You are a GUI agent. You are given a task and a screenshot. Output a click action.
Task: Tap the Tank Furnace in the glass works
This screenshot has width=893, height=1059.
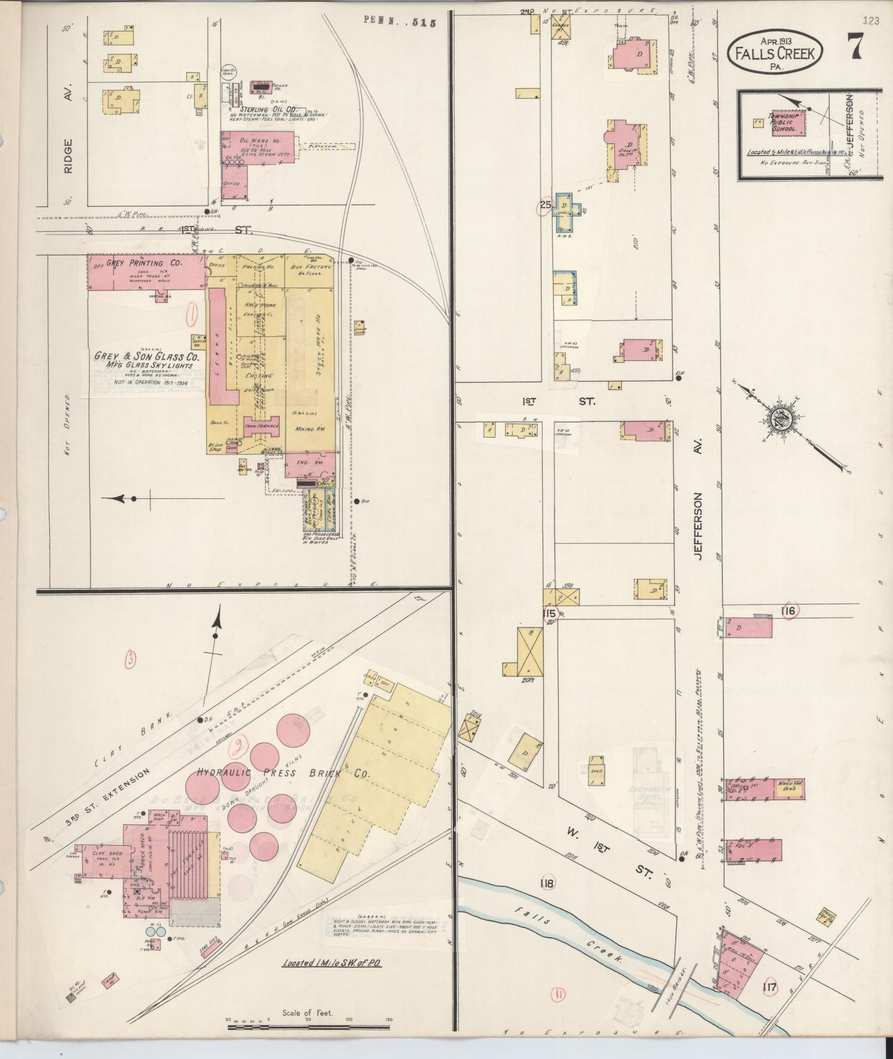[x=261, y=426]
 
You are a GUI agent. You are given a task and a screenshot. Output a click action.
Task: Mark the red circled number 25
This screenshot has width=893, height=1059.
[x=545, y=205]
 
